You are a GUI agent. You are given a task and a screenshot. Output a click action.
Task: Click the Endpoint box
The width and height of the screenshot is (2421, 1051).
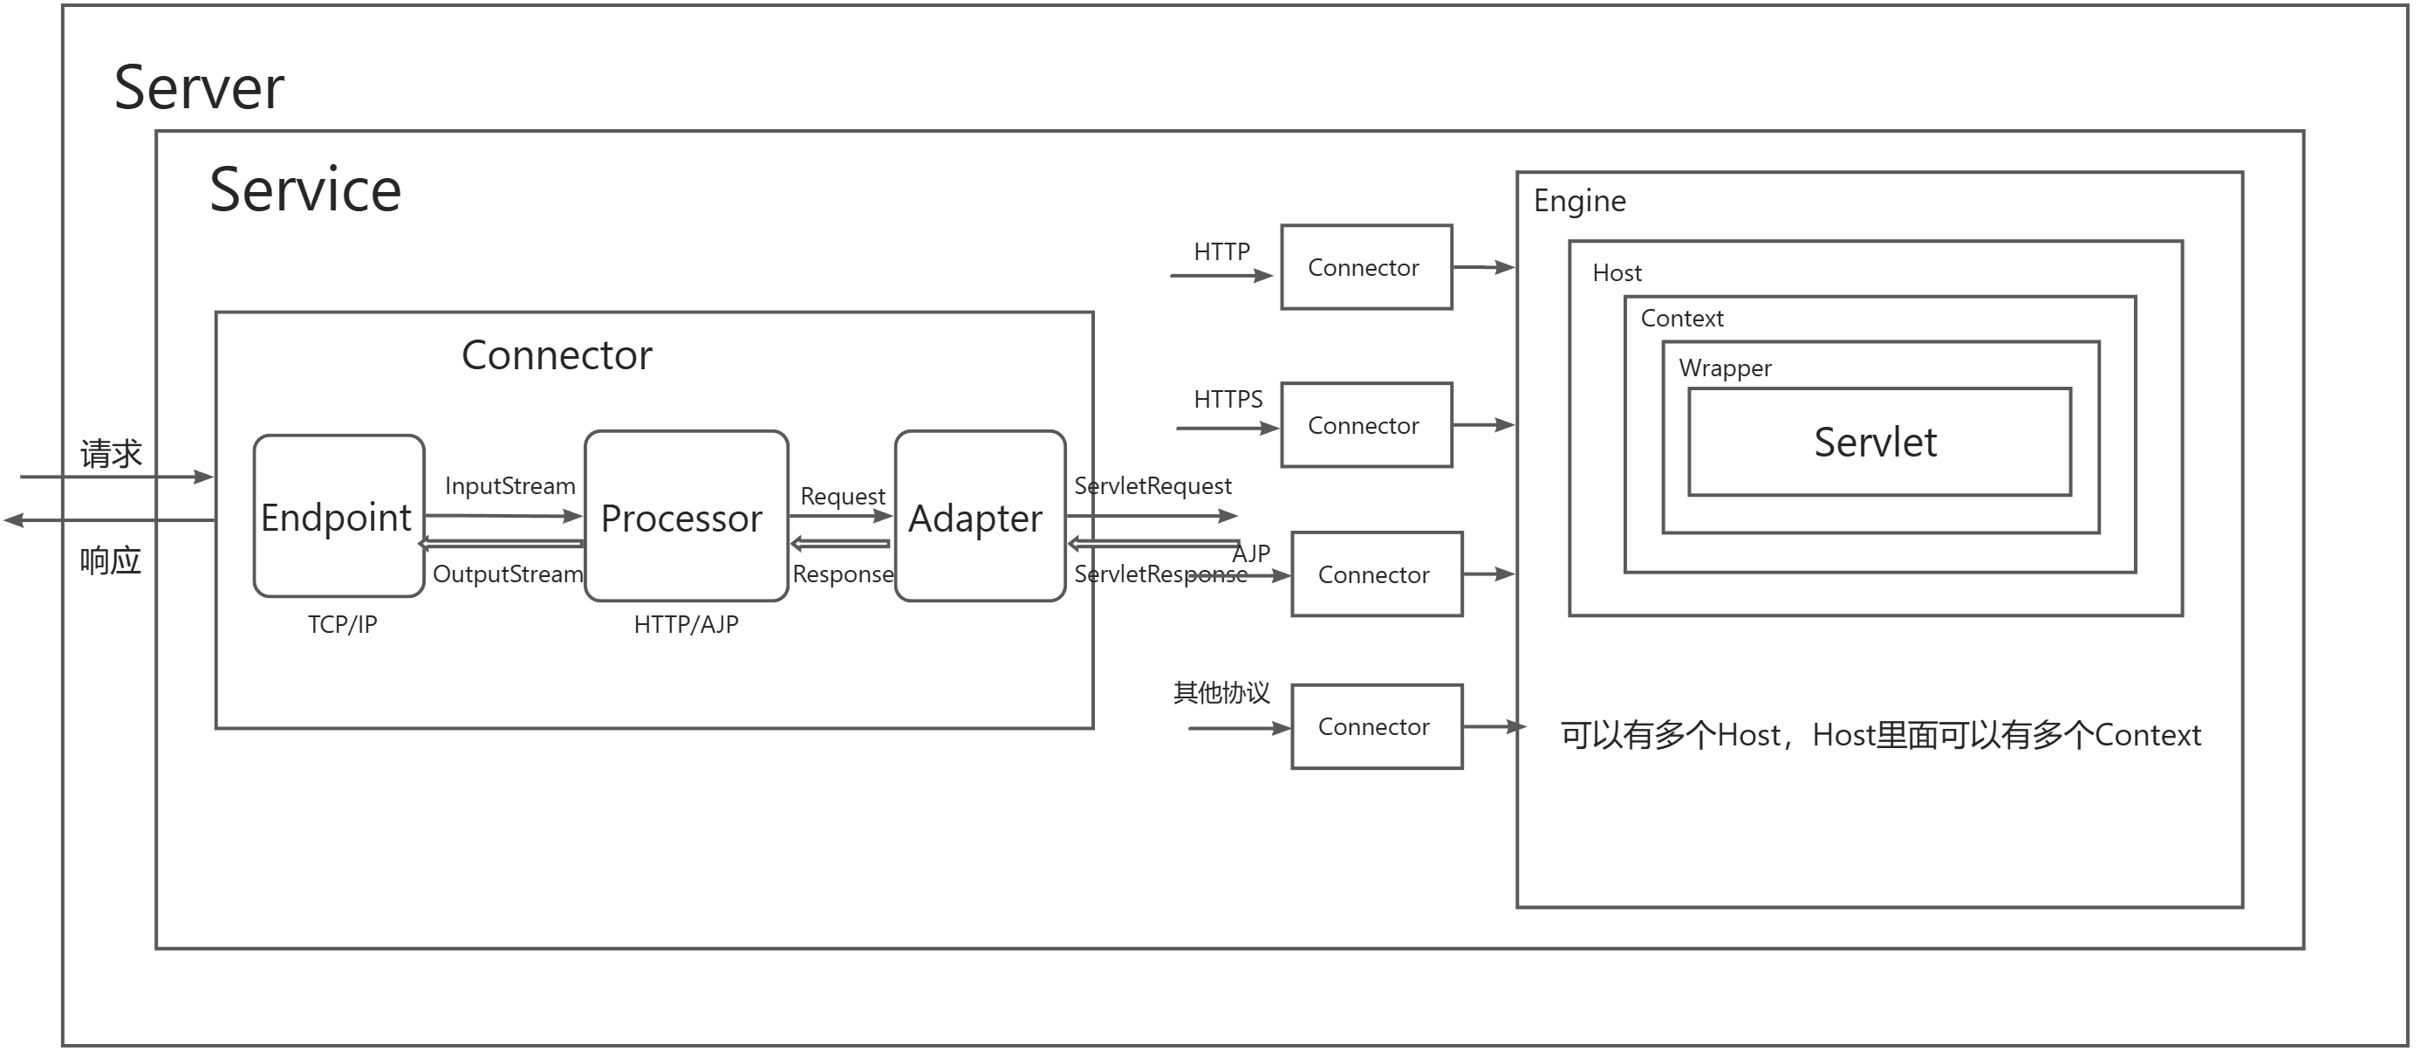click(x=339, y=516)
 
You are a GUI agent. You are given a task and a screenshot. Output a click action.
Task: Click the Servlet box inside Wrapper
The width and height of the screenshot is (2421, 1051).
click(x=1878, y=442)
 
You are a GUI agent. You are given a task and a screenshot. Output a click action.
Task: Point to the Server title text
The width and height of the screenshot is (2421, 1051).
click(x=199, y=87)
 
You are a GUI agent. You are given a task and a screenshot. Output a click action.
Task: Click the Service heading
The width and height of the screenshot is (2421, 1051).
click(x=305, y=190)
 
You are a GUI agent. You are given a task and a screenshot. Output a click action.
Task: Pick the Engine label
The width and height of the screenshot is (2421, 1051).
click(x=1580, y=201)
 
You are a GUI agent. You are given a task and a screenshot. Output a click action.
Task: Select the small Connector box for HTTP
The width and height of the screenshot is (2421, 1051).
click(x=1365, y=268)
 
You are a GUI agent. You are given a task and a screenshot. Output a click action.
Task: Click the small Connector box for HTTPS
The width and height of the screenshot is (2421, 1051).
click(x=1365, y=425)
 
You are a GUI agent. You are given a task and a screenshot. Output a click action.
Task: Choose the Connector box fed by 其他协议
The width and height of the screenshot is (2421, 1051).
click(x=1376, y=726)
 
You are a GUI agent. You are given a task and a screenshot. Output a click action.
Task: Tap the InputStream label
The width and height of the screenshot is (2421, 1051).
click(x=510, y=486)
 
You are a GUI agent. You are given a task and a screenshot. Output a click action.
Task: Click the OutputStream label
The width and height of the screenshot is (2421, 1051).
click(x=508, y=574)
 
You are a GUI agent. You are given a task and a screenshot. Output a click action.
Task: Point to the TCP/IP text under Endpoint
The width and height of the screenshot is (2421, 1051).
click(x=342, y=624)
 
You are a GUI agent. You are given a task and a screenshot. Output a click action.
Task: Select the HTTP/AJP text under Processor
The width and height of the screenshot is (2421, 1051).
click(x=686, y=624)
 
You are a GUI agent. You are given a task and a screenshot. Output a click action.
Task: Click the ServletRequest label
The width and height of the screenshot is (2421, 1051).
click(x=1152, y=486)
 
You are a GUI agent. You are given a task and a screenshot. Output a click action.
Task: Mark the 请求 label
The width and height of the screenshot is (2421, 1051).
click(x=111, y=454)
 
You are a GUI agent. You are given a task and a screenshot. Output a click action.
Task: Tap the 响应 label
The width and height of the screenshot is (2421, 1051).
click(x=110, y=561)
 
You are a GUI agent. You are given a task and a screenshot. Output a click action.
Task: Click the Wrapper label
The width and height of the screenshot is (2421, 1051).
click(x=1725, y=368)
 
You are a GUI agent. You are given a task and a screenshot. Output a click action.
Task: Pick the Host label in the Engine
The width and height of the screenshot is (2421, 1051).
click(x=1617, y=273)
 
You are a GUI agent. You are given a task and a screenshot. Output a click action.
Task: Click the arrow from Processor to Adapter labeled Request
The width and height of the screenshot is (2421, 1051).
click(x=840, y=515)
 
